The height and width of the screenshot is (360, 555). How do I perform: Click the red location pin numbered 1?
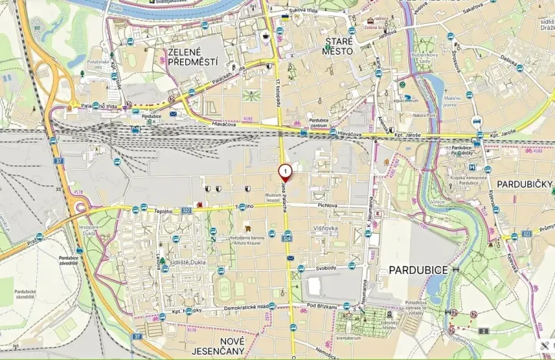coord(285,172)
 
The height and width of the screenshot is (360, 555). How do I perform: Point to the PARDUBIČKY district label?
coord(524,185)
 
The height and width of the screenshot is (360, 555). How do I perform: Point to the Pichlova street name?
coord(327,205)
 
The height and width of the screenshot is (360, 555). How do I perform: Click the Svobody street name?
coord(325,267)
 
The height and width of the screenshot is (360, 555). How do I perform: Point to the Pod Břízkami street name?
coord(322,305)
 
